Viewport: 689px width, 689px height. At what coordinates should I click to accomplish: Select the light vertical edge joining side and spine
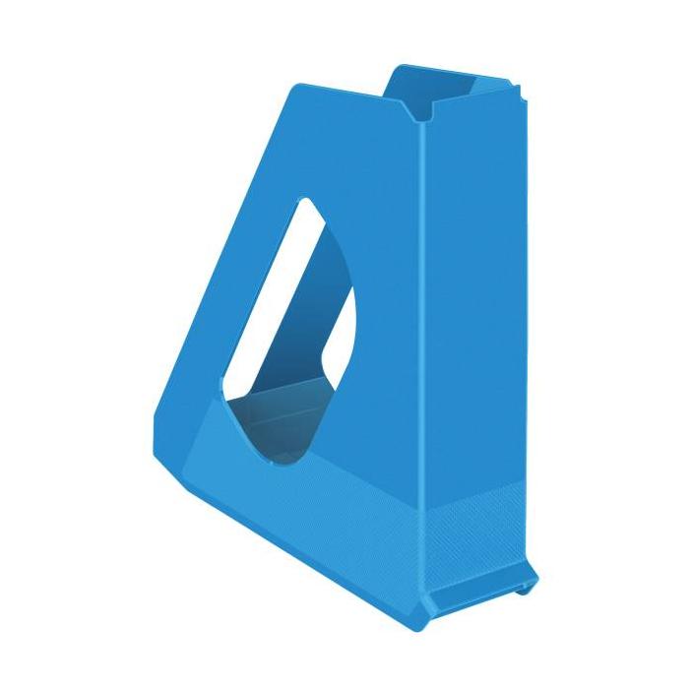(x=421, y=344)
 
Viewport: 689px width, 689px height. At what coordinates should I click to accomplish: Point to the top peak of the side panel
(x=295, y=89)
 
